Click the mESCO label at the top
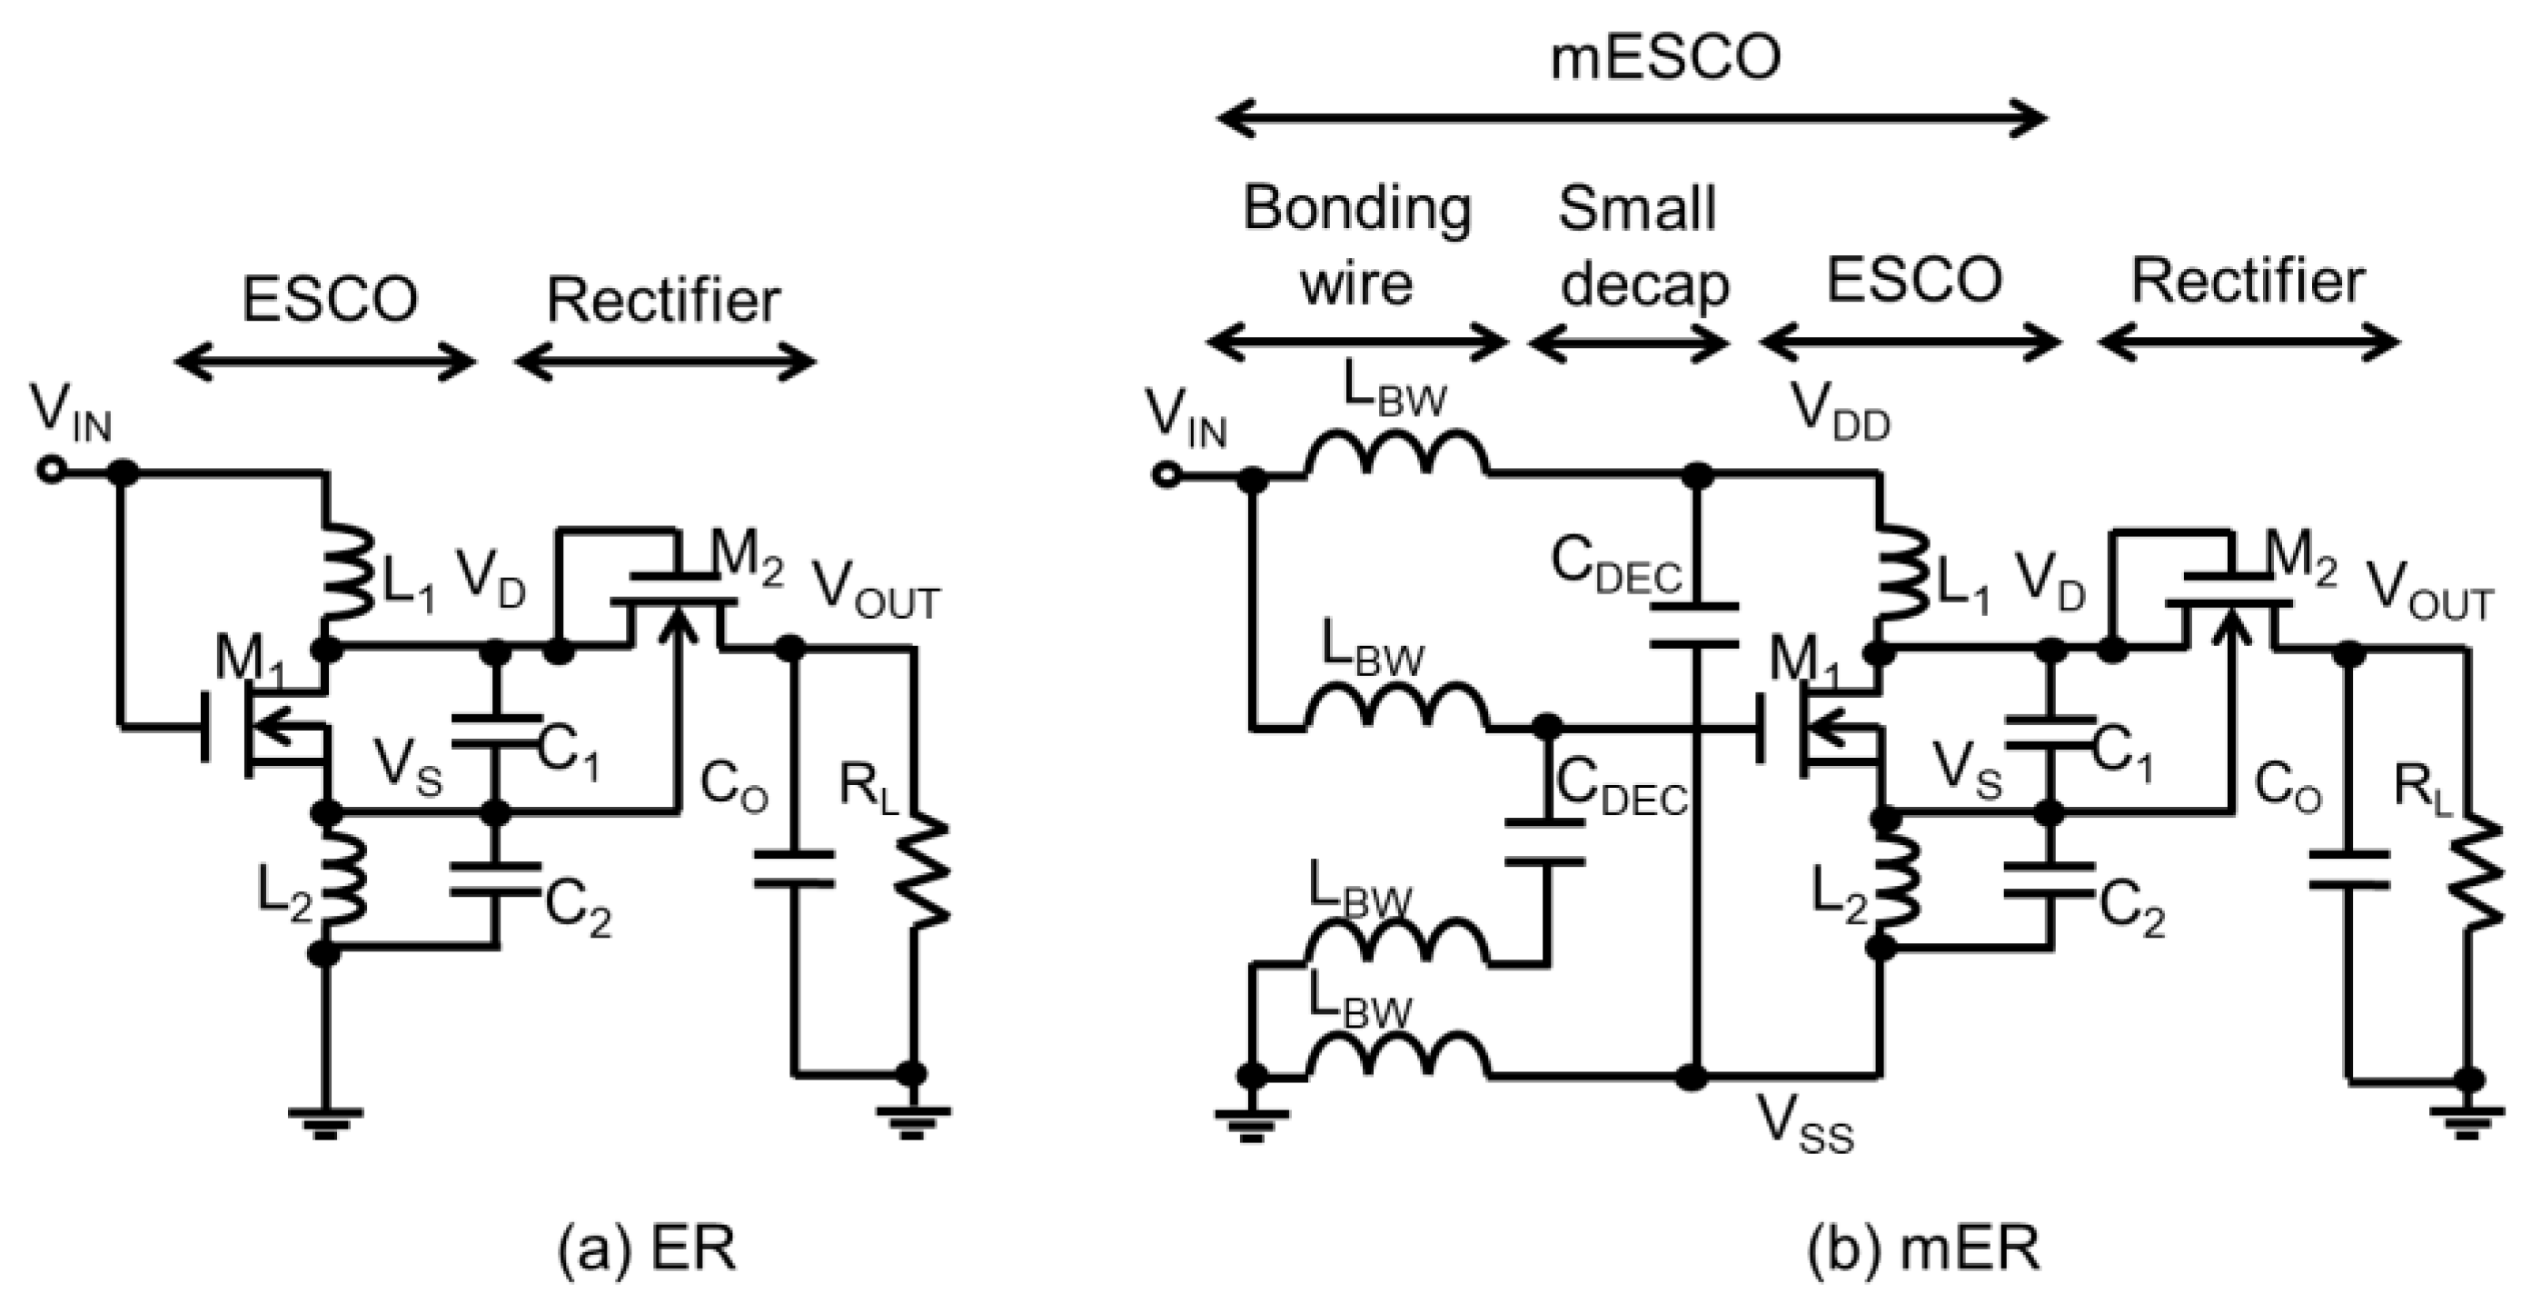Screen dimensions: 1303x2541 (1666, 58)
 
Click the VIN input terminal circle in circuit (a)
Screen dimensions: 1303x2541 (50, 473)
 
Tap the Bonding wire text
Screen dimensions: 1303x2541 (1356, 245)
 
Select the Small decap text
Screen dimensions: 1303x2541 (1641, 245)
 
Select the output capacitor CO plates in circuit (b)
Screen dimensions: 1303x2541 (2348, 869)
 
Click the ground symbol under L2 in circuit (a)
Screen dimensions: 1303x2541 (324, 1121)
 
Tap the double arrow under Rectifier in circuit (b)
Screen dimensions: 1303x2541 (2248, 344)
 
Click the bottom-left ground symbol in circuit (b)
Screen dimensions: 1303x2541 (1251, 1121)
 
